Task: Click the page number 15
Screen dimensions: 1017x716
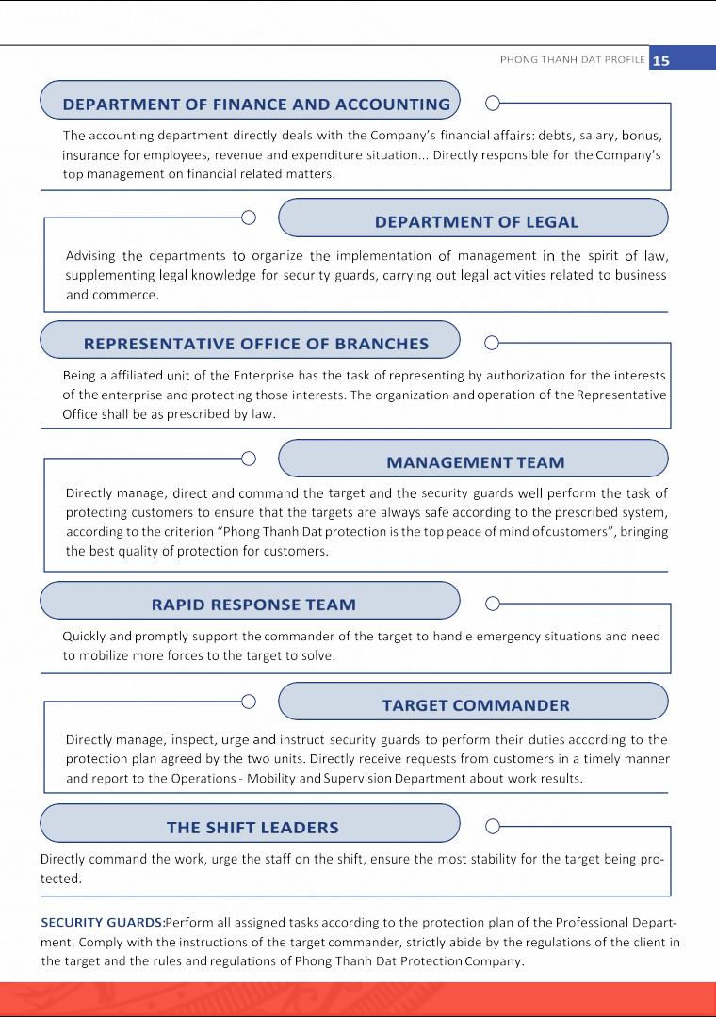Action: pyautogui.click(x=661, y=60)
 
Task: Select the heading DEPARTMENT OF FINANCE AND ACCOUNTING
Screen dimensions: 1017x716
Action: pyautogui.click(x=256, y=105)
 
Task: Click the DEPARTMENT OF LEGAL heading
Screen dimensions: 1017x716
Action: pyautogui.click(x=477, y=222)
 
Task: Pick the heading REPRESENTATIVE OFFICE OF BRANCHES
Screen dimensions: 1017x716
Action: pyautogui.click(x=256, y=344)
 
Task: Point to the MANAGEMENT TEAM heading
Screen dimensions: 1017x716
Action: pyautogui.click(x=476, y=462)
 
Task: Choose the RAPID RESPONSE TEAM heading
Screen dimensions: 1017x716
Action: pyautogui.click(x=253, y=605)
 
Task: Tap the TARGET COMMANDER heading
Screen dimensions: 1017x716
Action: pyautogui.click(x=476, y=705)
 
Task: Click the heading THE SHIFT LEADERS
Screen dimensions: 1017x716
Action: pyautogui.click(x=252, y=828)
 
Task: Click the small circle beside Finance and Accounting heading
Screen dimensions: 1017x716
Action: pyautogui.click(x=492, y=103)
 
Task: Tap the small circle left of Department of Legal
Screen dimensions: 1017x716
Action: pyautogui.click(x=249, y=218)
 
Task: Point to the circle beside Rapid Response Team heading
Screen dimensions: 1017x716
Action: pyautogui.click(x=492, y=603)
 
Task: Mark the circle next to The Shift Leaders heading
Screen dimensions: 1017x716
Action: pyautogui.click(x=492, y=826)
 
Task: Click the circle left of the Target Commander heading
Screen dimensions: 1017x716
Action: pyautogui.click(x=249, y=702)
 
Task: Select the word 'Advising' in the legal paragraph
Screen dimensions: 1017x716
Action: pyautogui.click(x=91, y=256)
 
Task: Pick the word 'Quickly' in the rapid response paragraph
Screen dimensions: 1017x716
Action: pyautogui.click(x=86, y=637)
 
